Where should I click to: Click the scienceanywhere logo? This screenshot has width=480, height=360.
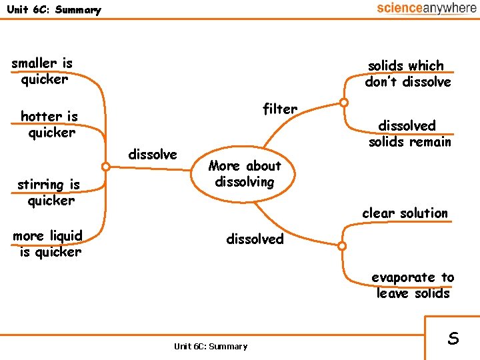426,8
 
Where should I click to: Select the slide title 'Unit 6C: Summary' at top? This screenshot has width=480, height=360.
53,10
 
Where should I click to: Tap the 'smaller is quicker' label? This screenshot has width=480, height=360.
43,71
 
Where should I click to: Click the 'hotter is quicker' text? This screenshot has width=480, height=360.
50,125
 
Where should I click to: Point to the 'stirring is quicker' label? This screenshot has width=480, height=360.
49,193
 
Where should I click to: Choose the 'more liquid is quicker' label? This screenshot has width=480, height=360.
48,243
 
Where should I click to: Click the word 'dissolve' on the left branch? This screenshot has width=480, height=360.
153,155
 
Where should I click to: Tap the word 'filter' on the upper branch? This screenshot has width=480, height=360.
280,109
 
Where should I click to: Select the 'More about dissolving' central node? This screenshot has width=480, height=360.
245,173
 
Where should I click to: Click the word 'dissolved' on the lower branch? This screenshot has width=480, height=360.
255,239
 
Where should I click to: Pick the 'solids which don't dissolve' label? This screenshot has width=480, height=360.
407,74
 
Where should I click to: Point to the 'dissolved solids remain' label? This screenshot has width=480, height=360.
409,133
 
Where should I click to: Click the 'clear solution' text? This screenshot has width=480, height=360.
405,213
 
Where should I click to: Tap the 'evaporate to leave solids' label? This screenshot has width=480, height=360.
413,285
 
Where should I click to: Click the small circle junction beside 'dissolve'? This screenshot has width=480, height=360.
105,167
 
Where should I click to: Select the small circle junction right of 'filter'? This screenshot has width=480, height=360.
343,103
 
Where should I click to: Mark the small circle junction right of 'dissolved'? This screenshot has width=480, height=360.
342,246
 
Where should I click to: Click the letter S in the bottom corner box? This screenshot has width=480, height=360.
453,338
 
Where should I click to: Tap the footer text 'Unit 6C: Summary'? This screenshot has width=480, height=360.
210,346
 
